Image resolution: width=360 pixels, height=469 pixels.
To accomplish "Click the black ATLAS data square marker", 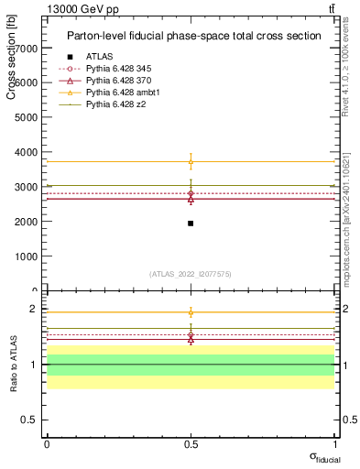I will (191, 224).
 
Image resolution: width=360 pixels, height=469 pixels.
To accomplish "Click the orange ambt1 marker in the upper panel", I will (191, 162).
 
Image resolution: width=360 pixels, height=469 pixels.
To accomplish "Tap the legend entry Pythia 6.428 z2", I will (115, 104).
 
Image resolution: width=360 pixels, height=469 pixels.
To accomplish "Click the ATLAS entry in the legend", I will (99, 57).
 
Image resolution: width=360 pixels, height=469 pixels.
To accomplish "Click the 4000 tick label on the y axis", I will (27, 152).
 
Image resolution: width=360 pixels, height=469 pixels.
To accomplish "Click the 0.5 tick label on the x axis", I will (191, 443).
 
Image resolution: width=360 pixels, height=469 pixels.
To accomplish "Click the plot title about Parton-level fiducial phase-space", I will (193, 36).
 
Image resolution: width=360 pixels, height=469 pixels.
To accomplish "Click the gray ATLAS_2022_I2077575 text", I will (191, 273).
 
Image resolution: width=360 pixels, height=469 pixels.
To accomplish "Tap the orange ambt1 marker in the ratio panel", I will (191, 312).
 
